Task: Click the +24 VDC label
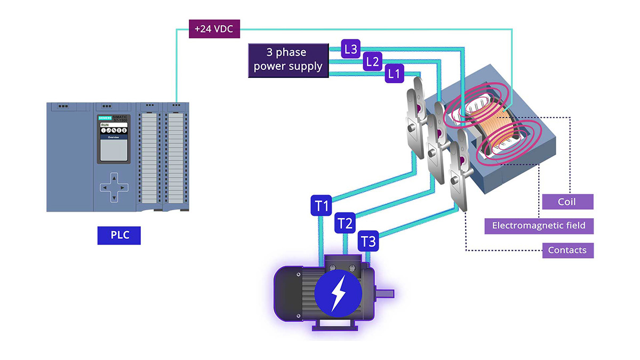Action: (x=214, y=29)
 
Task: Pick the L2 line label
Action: (x=372, y=62)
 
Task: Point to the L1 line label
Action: (x=394, y=74)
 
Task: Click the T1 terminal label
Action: (x=322, y=206)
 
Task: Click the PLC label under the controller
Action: (x=119, y=235)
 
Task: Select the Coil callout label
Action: (x=567, y=202)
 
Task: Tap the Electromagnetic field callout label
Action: (x=539, y=226)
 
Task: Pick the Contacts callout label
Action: (x=567, y=250)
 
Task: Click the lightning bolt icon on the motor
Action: (x=338, y=292)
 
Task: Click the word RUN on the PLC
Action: (x=105, y=125)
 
